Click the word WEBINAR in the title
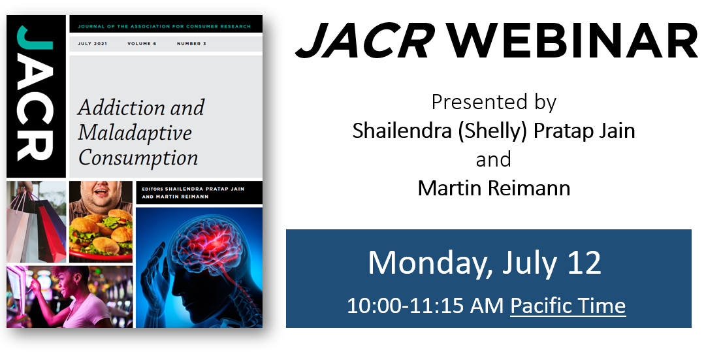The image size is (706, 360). click(x=572, y=40)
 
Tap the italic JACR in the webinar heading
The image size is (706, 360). click(x=365, y=40)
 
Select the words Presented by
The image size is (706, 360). click(x=494, y=103)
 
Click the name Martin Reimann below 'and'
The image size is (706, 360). click(x=494, y=188)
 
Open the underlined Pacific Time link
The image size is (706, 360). click(x=568, y=306)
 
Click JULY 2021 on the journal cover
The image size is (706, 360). click(x=92, y=44)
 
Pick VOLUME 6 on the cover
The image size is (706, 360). click(x=142, y=44)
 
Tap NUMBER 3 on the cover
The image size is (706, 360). click(x=191, y=44)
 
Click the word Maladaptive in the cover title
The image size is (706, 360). click(x=135, y=133)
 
